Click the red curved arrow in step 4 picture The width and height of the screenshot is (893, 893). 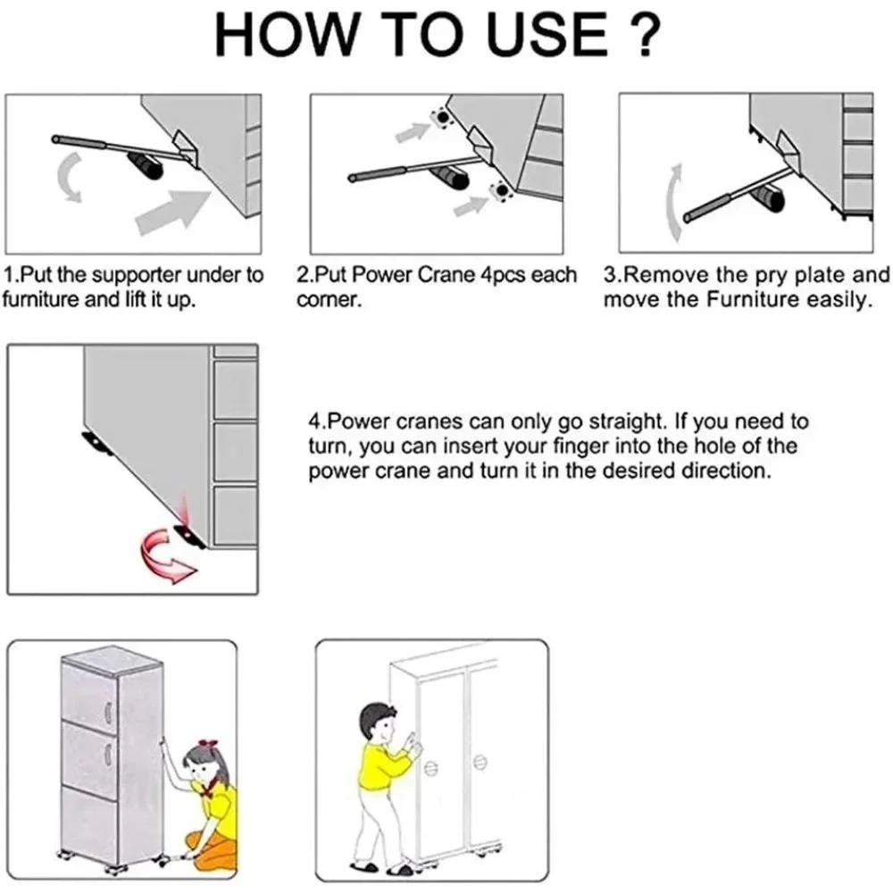point(166,555)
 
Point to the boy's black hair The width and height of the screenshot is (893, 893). point(375,716)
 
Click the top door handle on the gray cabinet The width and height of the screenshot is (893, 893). point(108,711)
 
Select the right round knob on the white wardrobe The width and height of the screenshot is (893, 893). point(480,762)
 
